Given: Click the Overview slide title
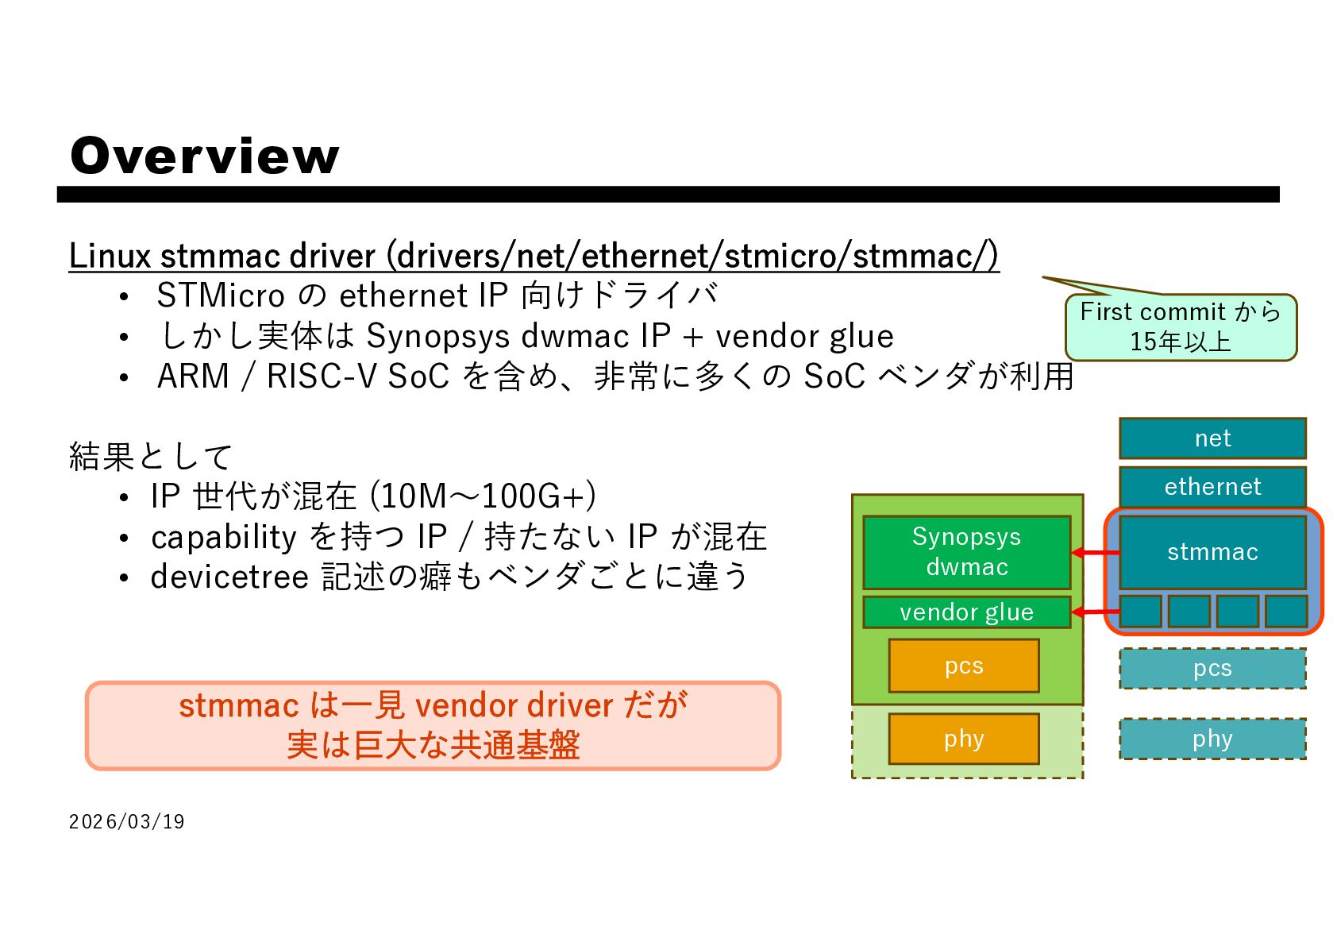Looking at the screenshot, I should click(x=204, y=156).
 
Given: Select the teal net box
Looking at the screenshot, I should click(x=1212, y=438).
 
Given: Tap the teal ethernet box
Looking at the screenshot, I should click(x=1212, y=486).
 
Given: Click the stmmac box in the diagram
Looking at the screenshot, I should click(x=1212, y=552).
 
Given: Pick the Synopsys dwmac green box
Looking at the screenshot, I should click(x=966, y=552).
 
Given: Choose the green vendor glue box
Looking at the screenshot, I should click(x=966, y=612).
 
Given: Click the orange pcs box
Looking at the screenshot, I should click(x=963, y=666).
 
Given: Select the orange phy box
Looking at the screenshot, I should click(x=963, y=739).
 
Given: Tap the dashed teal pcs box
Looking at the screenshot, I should click(x=1212, y=669).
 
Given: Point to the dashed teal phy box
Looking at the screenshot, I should click(x=1212, y=739).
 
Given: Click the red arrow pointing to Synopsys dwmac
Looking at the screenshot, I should click(x=1095, y=552).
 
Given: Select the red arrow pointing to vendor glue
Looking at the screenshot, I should click(x=1095, y=612).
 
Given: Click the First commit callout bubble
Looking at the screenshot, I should click(x=1180, y=327).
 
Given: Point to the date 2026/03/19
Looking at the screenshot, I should click(x=127, y=822).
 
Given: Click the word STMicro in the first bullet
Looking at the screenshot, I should click(x=221, y=296).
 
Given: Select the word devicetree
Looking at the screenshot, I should click(x=229, y=577).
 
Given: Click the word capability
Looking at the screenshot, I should click(x=224, y=538).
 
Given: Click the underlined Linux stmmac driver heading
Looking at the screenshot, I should click(x=534, y=256).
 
